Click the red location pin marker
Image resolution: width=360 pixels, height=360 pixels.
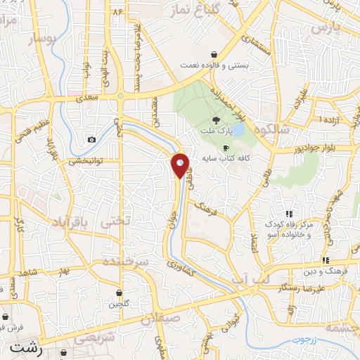pos(180,165)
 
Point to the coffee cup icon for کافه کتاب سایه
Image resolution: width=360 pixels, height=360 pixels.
pos(226,148)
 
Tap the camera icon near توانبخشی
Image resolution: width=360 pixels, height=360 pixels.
pos(91,140)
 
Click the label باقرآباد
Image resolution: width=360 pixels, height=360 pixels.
pos(68,222)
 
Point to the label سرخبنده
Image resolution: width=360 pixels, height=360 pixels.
pos(127,260)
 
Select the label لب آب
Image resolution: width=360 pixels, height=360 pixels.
pos(251,280)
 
